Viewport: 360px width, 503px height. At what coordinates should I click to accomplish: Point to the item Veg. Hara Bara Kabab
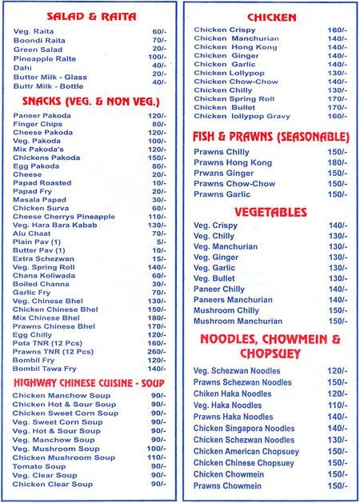(50, 225)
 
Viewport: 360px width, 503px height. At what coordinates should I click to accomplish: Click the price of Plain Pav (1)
(161, 242)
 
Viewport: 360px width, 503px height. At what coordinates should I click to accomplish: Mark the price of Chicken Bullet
(337, 107)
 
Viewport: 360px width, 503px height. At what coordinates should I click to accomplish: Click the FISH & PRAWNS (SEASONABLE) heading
(268, 137)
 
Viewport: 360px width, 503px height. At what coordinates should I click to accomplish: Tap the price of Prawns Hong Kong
(337, 162)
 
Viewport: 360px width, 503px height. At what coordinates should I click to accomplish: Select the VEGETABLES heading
(270, 213)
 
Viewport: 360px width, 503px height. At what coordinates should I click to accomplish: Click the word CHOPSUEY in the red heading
(270, 354)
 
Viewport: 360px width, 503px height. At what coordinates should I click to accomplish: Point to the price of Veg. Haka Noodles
(337, 405)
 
